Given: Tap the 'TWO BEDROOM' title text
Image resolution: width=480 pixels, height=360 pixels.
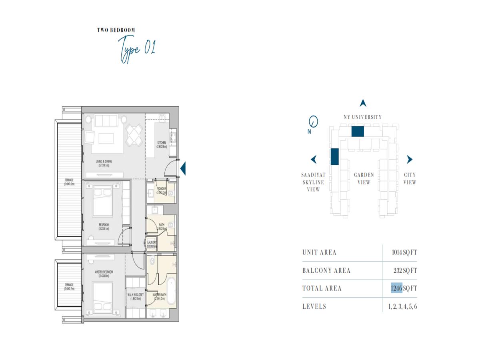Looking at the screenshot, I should tap(116, 30).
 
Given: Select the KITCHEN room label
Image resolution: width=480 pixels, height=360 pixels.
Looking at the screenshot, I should tap(161, 144).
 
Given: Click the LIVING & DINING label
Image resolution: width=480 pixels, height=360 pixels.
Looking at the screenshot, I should tap(103, 163).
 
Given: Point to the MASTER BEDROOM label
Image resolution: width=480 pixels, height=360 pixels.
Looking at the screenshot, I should tap(104, 274).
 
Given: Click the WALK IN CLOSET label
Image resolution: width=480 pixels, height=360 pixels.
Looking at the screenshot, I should tap(136, 296).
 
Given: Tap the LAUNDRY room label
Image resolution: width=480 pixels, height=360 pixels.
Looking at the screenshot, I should tap(152, 244).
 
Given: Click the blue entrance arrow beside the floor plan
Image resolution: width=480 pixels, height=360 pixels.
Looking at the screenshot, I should tap(183, 168).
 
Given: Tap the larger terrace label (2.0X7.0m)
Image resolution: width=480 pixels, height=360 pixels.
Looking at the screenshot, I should tap(69, 182).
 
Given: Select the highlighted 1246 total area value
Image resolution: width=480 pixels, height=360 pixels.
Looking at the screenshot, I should tap(396, 288).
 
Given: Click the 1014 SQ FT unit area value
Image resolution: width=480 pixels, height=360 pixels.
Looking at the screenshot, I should tap(404, 252).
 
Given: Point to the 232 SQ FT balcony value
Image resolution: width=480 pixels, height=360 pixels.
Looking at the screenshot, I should tap(405, 270).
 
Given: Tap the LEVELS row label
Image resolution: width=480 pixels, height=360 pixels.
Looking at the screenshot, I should tap(314, 306).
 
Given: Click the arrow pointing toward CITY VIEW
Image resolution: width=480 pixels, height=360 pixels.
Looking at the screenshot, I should tap(409, 160).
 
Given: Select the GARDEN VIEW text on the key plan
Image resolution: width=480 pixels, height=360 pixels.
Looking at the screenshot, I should tap(364, 178).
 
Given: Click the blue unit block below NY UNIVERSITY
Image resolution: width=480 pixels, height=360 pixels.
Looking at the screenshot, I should tap(357, 131).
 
